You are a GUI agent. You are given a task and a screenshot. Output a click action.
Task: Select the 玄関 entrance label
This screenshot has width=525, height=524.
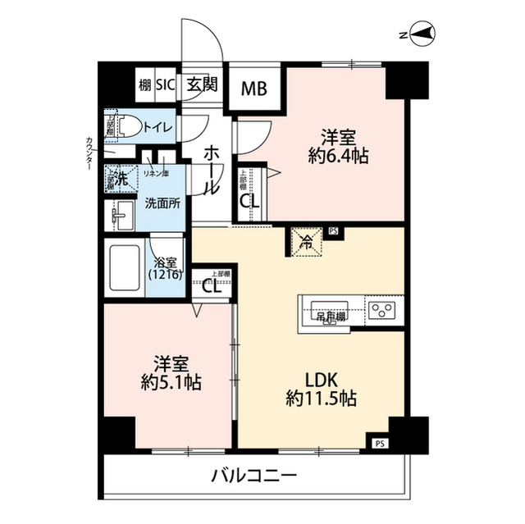coord(200,84)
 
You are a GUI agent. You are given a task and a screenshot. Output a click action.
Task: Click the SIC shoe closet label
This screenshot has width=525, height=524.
coord(166,84)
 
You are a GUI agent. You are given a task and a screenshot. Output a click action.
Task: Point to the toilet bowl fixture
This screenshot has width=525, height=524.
coord(128,126)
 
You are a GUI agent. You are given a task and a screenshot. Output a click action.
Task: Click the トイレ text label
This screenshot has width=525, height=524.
coord(157,127)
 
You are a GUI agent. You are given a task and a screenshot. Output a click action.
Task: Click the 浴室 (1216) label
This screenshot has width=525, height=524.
coord(167,269)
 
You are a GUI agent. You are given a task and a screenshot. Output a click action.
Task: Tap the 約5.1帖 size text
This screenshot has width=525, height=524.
coord(171,382)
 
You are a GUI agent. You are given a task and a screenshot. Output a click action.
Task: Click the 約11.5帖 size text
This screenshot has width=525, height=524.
coord(321,399)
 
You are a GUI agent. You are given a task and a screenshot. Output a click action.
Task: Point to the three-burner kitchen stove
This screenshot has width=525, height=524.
coord(382,311)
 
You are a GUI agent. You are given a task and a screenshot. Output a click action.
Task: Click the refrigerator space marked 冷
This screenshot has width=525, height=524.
coord(304,240)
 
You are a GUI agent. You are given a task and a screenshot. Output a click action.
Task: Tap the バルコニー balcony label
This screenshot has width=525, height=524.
coord(253,475)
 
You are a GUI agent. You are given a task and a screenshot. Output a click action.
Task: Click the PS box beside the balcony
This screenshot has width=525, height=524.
coord(379,444)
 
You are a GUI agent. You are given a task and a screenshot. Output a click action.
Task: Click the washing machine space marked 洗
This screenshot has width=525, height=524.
coord(121,177)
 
